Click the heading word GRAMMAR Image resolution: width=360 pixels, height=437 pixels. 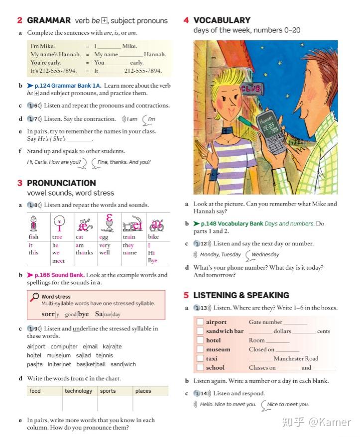(49, 20)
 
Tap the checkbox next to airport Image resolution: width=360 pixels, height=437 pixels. (200, 322)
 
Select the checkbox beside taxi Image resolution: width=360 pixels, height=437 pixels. (200, 358)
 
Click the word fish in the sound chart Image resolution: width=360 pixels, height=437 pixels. (33, 237)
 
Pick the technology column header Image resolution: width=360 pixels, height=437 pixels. (79, 391)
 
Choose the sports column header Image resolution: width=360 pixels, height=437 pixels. (108, 391)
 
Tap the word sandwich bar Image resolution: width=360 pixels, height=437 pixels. (225, 331)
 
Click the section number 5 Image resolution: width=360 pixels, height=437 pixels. (186, 295)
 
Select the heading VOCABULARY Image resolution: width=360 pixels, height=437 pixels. (222, 20)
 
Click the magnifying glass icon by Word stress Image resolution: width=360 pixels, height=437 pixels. (35, 297)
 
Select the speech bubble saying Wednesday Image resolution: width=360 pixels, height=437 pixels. (264, 255)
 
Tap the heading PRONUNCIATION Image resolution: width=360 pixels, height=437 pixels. (61, 183)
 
